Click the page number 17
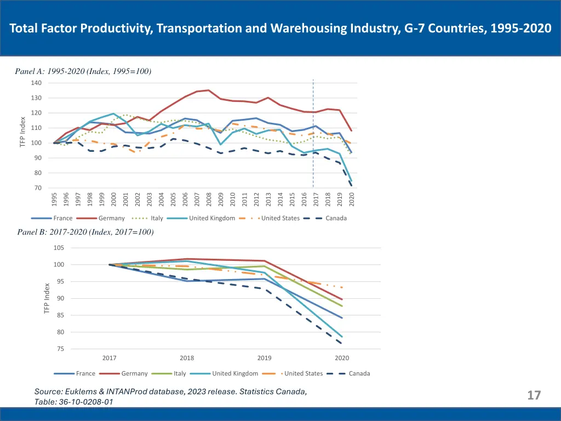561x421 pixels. (534, 395)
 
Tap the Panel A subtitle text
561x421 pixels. (83, 71)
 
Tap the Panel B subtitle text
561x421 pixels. (85, 232)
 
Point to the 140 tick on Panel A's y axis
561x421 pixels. (37, 83)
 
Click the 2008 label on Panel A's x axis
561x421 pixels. (209, 200)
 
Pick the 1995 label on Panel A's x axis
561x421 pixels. (54, 200)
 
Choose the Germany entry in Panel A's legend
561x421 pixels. (112, 218)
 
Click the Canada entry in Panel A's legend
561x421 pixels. (336, 218)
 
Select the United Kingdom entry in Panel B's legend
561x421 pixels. (235, 373)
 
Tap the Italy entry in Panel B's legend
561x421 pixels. (180, 373)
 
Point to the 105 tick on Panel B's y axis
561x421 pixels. (59, 248)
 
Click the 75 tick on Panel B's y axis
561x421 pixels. (60, 349)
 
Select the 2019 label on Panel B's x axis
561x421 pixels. (265, 358)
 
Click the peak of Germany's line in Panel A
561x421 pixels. (208, 90)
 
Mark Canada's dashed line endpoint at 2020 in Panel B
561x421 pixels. (342, 344)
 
